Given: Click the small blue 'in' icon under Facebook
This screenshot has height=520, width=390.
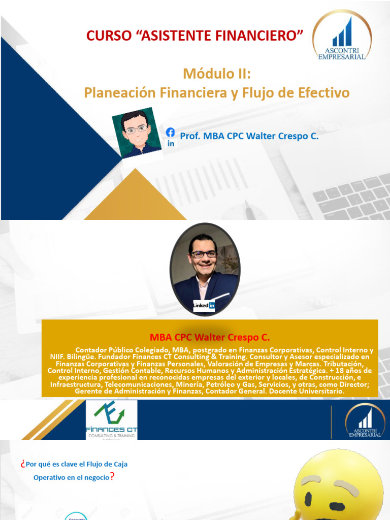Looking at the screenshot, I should pyautogui.click(x=171, y=144).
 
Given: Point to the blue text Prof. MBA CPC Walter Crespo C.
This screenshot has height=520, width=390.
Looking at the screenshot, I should pyautogui.click(x=249, y=136).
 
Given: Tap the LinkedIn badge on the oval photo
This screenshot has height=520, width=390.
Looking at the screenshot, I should pyautogui.click(x=204, y=305).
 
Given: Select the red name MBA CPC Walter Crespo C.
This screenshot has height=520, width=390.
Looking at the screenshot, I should pyautogui.click(x=210, y=338).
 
